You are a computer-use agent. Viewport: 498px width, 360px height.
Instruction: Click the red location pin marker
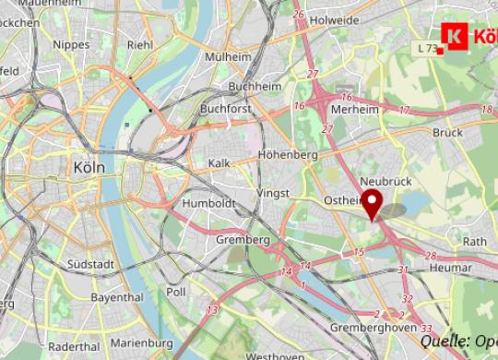click(372, 202)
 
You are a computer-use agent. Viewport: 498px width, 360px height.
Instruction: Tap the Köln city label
click(89, 167)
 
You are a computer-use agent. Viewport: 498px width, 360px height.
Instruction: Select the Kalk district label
click(219, 162)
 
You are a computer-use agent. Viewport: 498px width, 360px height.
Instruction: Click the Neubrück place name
click(387, 182)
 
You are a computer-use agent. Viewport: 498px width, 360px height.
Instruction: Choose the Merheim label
click(355, 109)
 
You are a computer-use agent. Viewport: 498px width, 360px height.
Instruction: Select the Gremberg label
click(243, 240)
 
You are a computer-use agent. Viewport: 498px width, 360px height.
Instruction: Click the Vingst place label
click(273, 192)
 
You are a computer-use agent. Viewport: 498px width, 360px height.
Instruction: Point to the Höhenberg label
click(288, 154)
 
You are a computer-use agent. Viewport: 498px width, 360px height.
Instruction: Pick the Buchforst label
click(226, 109)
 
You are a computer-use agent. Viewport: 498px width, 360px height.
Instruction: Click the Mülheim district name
click(228, 56)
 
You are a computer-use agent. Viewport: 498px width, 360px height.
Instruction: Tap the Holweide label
click(334, 18)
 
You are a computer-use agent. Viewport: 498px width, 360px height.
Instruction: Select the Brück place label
click(447, 132)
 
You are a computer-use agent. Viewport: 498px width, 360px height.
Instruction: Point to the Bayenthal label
click(117, 298)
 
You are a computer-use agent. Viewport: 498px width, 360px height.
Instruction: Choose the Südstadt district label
click(90, 264)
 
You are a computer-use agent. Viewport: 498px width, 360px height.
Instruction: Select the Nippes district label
click(72, 43)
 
